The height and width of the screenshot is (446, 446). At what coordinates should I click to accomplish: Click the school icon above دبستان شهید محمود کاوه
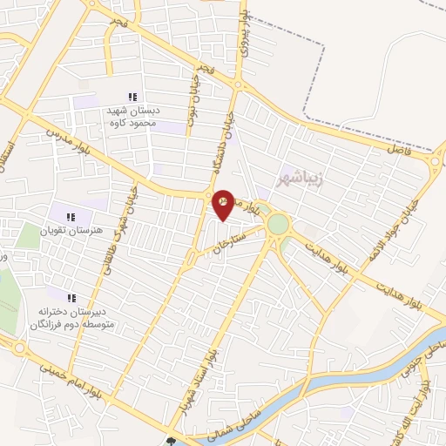tap(132, 97)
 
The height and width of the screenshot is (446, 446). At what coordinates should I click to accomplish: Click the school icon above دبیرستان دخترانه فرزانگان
tap(71, 298)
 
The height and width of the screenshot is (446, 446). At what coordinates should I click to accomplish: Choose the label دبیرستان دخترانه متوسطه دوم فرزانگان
tap(71, 316)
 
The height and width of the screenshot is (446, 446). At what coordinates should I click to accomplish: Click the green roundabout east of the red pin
tap(278, 225)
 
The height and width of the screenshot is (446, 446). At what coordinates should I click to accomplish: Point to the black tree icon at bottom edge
tap(171, 441)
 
